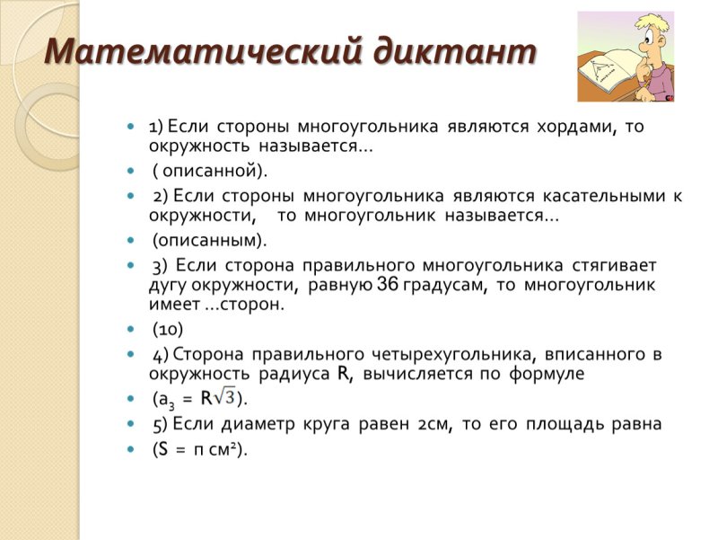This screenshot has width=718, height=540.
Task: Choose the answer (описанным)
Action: coord(208,241)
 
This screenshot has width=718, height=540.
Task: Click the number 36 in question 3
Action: coord(388,285)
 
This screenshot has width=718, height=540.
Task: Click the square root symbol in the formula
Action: coord(225,397)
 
